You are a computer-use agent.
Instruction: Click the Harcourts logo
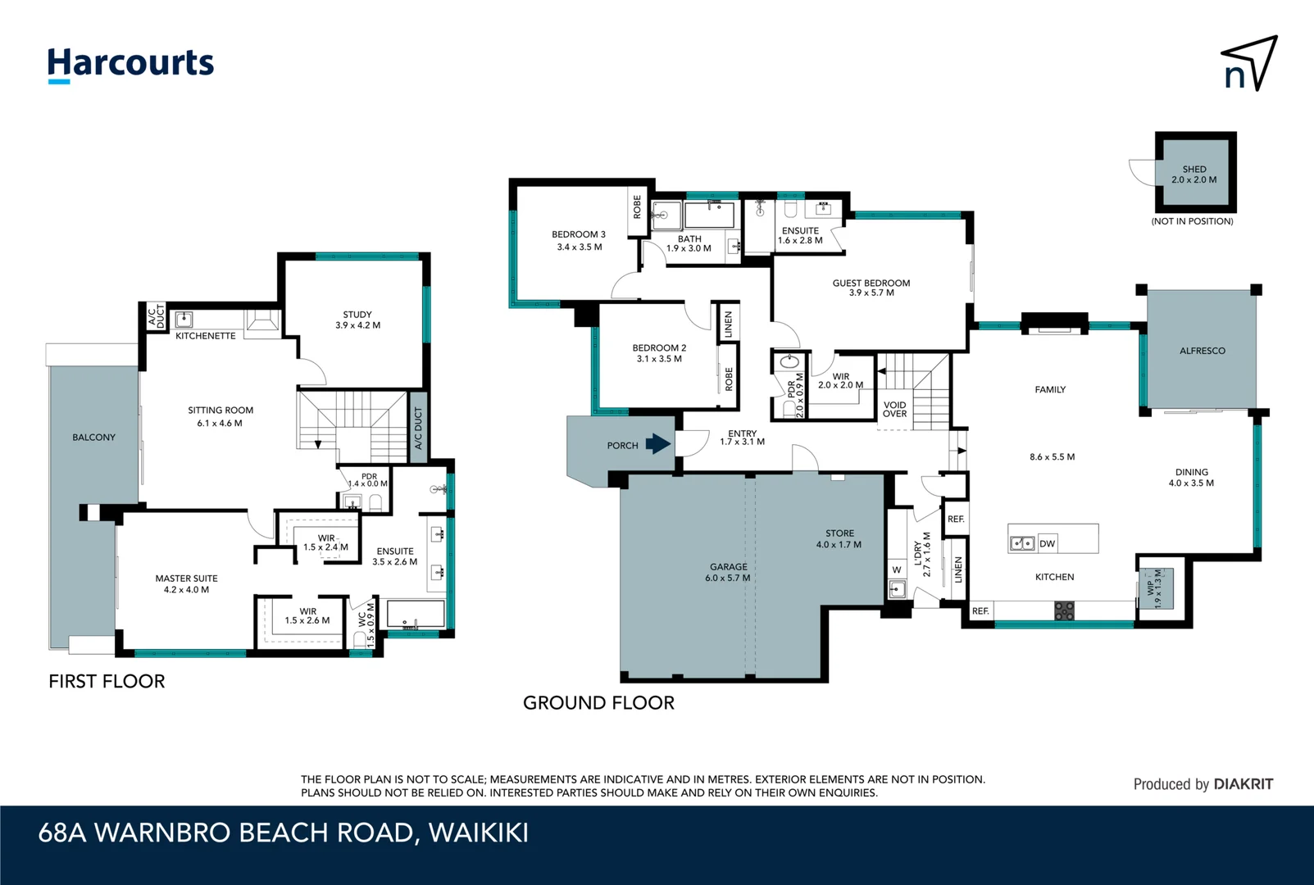pos(130,64)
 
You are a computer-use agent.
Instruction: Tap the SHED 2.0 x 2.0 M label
pos(1194,175)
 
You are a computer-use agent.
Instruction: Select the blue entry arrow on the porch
pos(657,444)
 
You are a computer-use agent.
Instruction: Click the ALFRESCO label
pos(1202,351)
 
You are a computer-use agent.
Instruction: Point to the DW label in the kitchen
pos(1047,543)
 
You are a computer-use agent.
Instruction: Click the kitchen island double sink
pos(1021,542)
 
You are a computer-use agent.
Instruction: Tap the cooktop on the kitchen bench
pos(1064,610)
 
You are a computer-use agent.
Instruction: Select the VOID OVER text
pos(894,409)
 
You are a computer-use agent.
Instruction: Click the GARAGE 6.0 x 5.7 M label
pos(728,572)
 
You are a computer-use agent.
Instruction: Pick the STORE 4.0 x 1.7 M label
pos(839,538)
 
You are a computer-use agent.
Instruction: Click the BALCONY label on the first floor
pos(93,438)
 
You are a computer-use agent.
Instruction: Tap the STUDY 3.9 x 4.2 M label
pos(357,320)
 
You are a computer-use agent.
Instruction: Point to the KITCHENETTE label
pos(205,336)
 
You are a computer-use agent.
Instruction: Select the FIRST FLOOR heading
pos(107,682)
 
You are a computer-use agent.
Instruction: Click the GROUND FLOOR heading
pos(598,703)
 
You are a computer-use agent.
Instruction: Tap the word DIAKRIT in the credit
pos(1243,784)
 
